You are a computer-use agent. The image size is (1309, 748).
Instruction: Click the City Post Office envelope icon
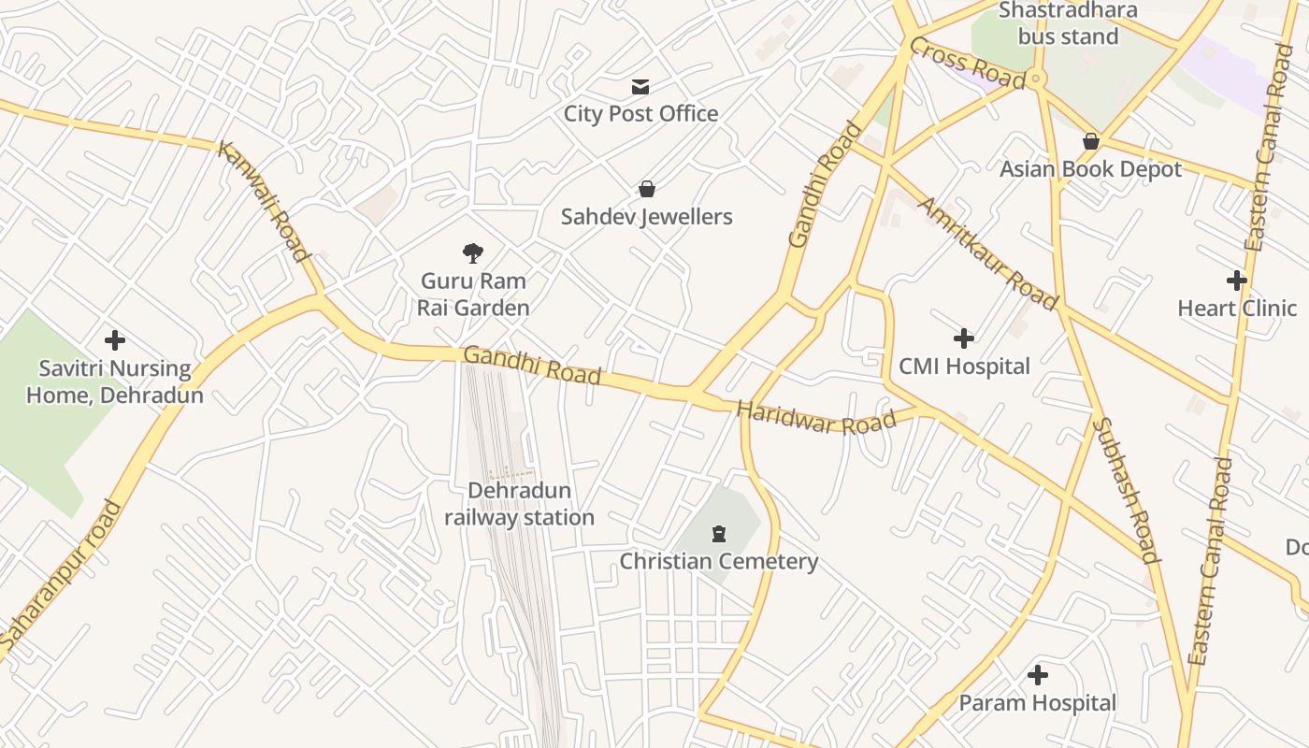pyautogui.click(x=640, y=87)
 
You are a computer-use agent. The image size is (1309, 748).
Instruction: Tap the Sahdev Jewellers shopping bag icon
pyautogui.click(x=646, y=189)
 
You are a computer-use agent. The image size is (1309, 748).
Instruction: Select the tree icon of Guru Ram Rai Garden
pyautogui.click(x=473, y=252)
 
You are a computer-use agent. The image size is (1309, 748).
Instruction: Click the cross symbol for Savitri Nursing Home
pyautogui.click(x=115, y=340)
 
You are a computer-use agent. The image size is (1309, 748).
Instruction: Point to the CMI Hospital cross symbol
pyautogui.click(x=964, y=338)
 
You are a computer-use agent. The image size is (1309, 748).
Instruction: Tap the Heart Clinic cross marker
pyautogui.click(x=1237, y=280)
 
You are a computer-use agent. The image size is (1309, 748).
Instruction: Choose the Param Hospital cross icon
pyautogui.click(x=1038, y=674)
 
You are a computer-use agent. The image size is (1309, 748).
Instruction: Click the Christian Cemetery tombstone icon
pyautogui.click(x=718, y=534)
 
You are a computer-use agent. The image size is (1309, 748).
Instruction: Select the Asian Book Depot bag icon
pyautogui.click(x=1090, y=141)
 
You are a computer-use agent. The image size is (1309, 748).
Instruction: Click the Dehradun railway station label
pyautogui.click(x=519, y=504)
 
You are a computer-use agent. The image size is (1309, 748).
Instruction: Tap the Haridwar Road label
pyautogui.click(x=815, y=417)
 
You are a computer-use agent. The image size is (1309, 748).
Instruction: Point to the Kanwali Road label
pyautogui.click(x=264, y=201)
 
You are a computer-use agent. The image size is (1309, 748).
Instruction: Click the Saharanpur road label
pyautogui.click(x=62, y=576)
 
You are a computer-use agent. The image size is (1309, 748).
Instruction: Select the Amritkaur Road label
pyautogui.click(x=988, y=253)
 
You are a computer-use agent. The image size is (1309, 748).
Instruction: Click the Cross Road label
pyautogui.click(x=967, y=64)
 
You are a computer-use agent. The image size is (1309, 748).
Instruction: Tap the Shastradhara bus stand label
pyautogui.click(x=1068, y=23)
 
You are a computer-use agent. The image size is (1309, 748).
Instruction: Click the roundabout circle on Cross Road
pyautogui.click(x=1035, y=80)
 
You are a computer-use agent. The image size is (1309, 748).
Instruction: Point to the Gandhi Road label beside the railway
pyautogui.click(x=532, y=365)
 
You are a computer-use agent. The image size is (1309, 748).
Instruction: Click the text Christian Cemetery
pyautogui.click(x=718, y=561)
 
